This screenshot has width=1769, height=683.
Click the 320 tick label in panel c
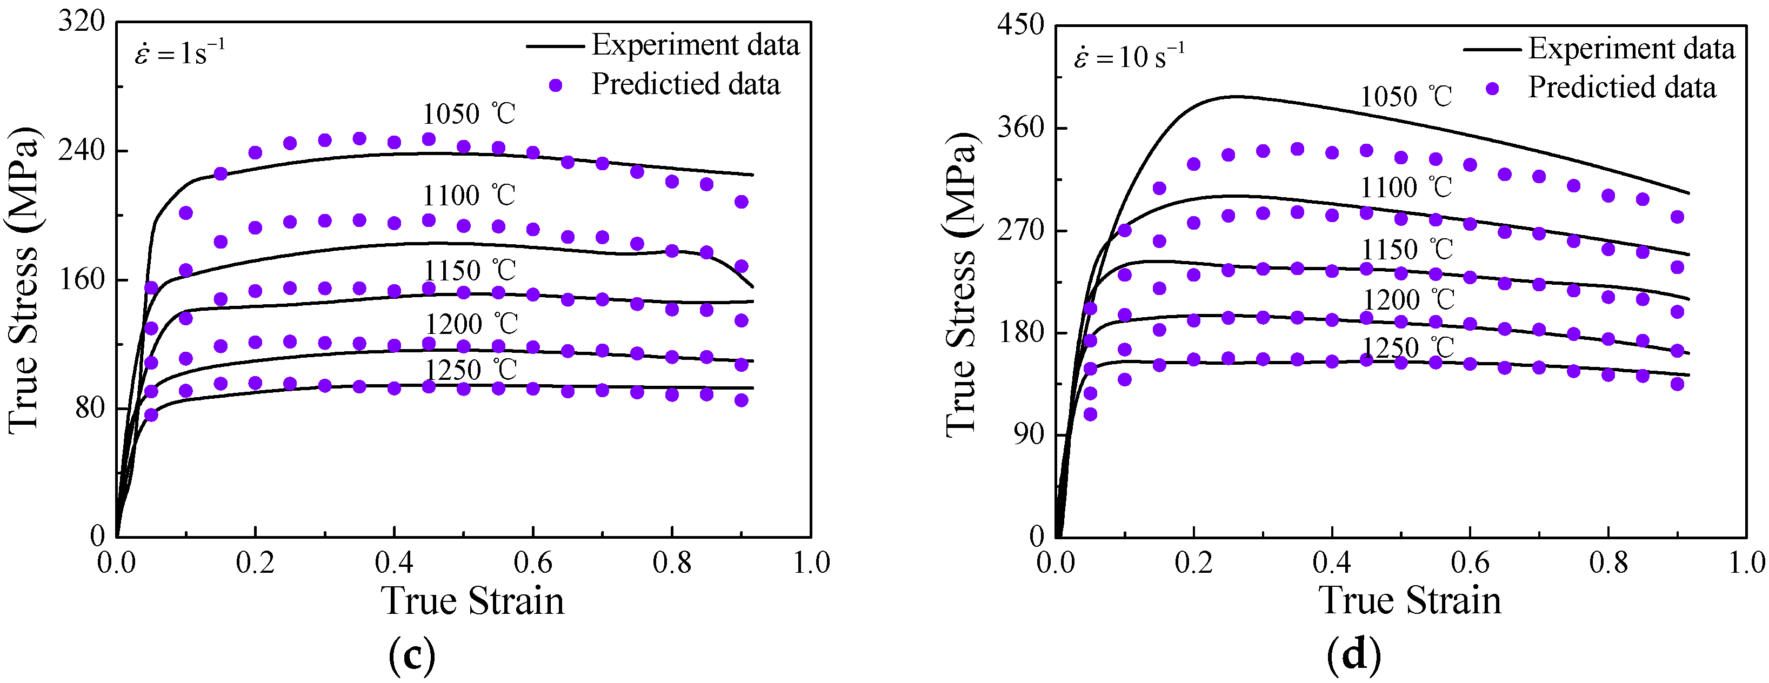pos(81,22)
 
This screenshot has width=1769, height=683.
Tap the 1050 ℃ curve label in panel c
pos(469,114)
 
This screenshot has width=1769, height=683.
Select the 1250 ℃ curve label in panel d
pos(1408,348)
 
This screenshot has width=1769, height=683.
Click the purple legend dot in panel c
pos(556,86)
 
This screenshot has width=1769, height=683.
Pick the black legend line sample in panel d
pos(1492,49)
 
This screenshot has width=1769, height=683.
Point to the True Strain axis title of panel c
pos(472,601)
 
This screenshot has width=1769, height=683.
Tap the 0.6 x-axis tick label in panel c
pos(532,564)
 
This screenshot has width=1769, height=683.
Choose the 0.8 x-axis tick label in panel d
pos(1608,564)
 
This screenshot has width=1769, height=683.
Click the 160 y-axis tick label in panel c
pos(81,280)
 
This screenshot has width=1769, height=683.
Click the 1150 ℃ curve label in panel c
pos(469,271)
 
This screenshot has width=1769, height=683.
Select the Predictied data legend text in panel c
pos(685,84)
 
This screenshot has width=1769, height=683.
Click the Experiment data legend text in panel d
pos(1632,49)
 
